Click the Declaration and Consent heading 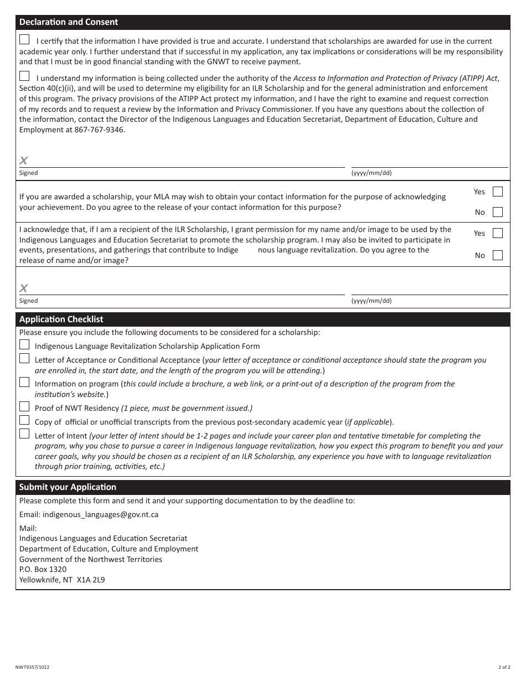coord(69,22)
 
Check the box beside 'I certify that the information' coord(24,39)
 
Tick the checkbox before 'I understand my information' coord(24,76)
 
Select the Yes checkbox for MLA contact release coord(498,192)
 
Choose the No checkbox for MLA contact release coord(498,212)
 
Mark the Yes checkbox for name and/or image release coord(498,233)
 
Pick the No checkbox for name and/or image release coord(498,255)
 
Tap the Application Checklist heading coord(61,319)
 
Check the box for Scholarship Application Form coord(24,344)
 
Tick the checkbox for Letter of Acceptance coord(24,358)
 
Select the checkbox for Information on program coord(24,382)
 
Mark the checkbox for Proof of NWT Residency coord(24,406)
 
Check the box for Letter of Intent coord(24,434)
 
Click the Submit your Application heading coord(68,487)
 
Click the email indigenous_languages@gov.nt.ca coord(108,514)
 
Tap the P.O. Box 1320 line coord(43,569)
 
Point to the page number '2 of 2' coord(504,668)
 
